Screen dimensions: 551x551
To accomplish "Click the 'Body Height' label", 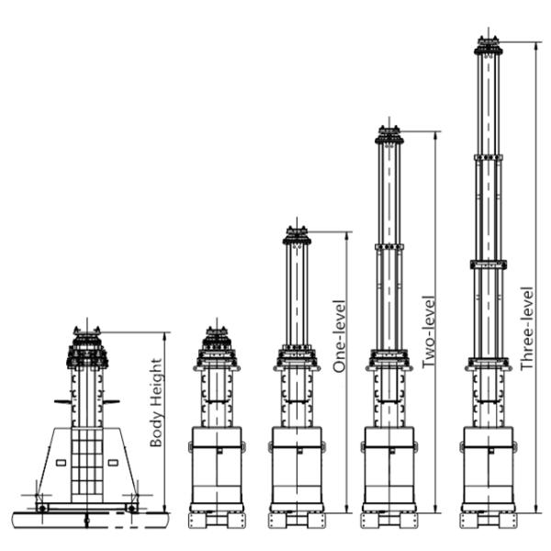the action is [156, 402].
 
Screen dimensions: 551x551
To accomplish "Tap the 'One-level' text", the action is [340, 336].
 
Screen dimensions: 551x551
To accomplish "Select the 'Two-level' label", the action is [428, 332].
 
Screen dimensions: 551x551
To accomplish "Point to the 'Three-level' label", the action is [527, 329].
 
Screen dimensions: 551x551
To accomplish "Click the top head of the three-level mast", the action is [489, 46].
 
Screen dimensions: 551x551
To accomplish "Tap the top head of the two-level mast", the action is [389, 135].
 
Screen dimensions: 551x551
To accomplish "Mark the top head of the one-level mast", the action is [297, 235].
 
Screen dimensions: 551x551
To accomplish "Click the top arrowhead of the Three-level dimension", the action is [535, 46].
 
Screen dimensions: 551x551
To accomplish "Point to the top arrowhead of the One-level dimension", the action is [347, 236].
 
